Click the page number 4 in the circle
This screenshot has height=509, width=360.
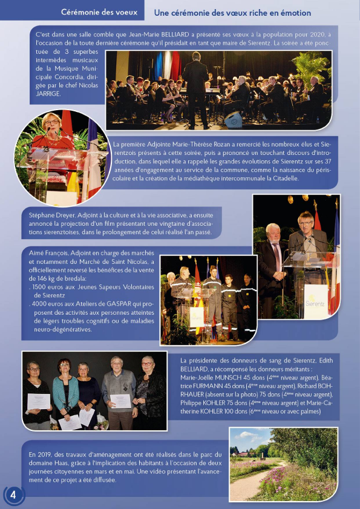(x=13, y=494)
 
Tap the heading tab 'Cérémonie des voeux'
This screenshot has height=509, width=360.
(x=99, y=13)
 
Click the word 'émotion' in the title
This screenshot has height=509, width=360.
(x=293, y=13)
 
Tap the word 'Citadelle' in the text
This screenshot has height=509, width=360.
(x=280, y=179)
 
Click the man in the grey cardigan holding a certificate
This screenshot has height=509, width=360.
(x=118, y=387)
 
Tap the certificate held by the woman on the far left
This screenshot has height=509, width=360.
(x=39, y=401)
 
